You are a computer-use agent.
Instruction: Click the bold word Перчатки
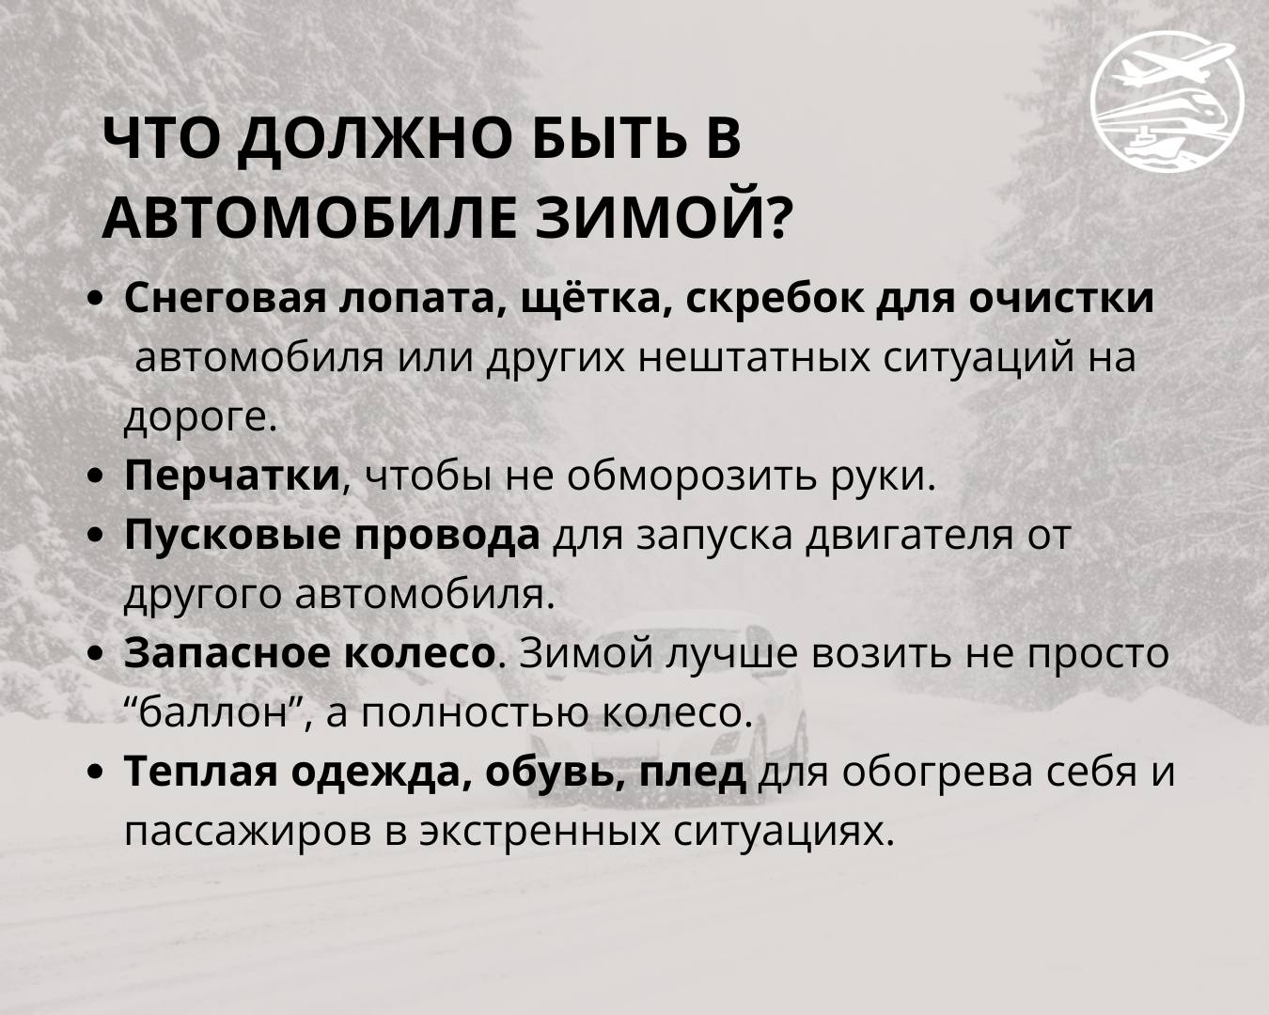232,476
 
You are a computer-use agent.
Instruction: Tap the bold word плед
694,773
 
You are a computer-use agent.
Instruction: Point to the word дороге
200,418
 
